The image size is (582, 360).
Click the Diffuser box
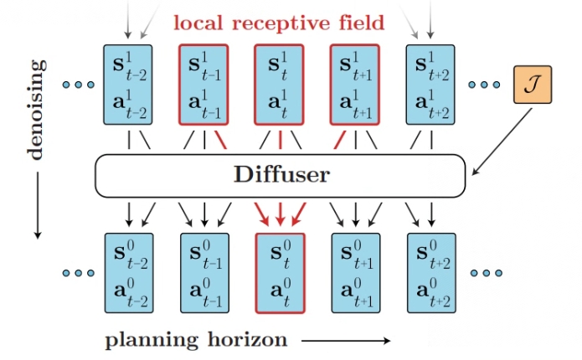tap(280, 175)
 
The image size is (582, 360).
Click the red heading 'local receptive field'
tap(280, 23)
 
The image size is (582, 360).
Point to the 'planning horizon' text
tap(196, 340)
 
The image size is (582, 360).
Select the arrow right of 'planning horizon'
tap(346, 341)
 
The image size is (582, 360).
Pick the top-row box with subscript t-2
tap(128, 85)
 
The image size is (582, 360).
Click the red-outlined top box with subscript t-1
tap(204, 85)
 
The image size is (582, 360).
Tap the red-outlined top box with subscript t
tap(280, 85)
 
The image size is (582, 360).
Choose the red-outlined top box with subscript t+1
tap(355, 85)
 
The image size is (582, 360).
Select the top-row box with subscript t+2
tap(430, 85)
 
